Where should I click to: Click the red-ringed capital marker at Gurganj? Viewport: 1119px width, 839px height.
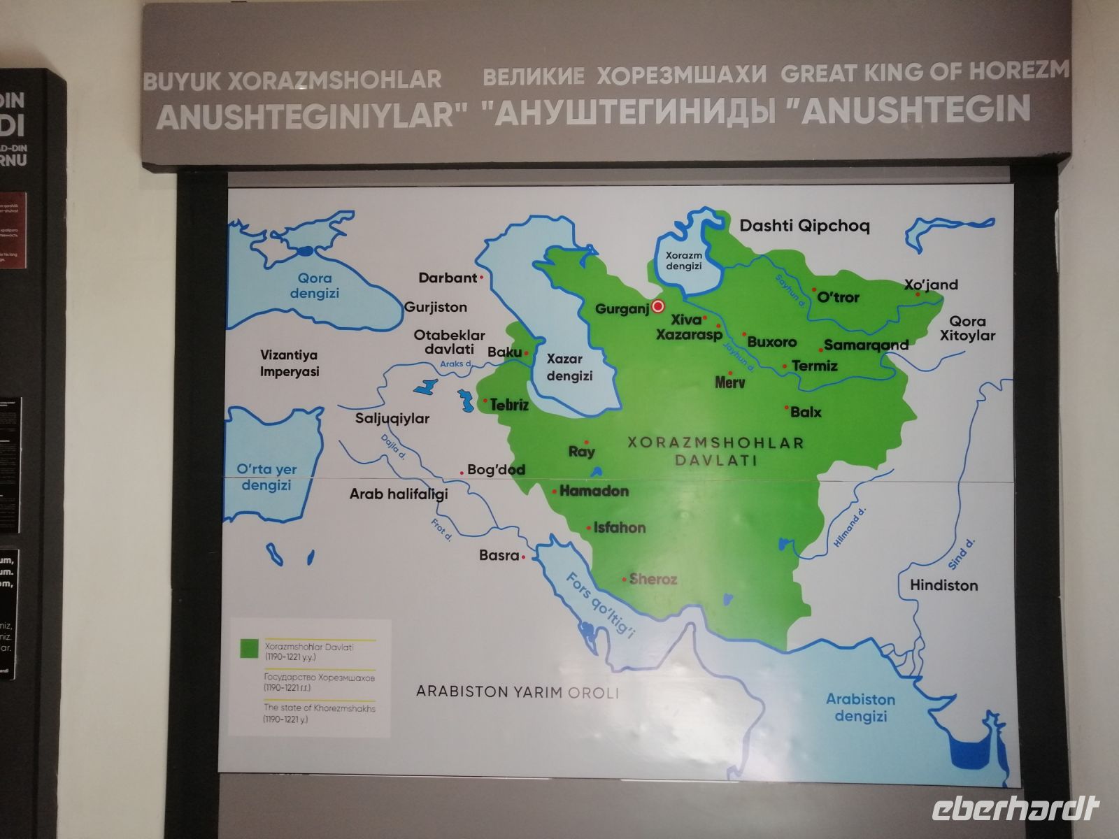click(x=657, y=306)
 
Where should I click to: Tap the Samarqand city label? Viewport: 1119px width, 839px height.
click(x=866, y=345)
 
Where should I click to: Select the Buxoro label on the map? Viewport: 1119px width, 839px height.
click(x=772, y=342)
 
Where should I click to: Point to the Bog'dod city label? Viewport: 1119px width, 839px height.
click(x=496, y=470)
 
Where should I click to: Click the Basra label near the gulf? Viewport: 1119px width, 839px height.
click(x=499, y=556)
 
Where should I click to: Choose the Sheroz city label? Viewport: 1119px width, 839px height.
click(x=653, y=579)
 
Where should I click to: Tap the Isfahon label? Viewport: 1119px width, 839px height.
click(x=620, y=528)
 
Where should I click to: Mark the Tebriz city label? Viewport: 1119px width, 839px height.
click(x=509, y=405)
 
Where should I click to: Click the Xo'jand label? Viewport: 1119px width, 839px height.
click(x=931, y=285)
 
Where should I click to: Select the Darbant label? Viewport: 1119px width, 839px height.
click(x=448, y=278)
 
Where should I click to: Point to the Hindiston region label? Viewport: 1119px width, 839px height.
click(x=943, y=585)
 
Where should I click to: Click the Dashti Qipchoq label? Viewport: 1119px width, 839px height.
click(x=804, y=226)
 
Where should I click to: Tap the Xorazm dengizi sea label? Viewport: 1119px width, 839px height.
click(x=683, y=261)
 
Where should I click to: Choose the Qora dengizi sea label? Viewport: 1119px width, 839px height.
click(x=314, y=286)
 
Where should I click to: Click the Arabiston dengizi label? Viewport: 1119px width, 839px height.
click(x=860, y=708)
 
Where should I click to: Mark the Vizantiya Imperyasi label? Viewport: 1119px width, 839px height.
click(x=290, y=364)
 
